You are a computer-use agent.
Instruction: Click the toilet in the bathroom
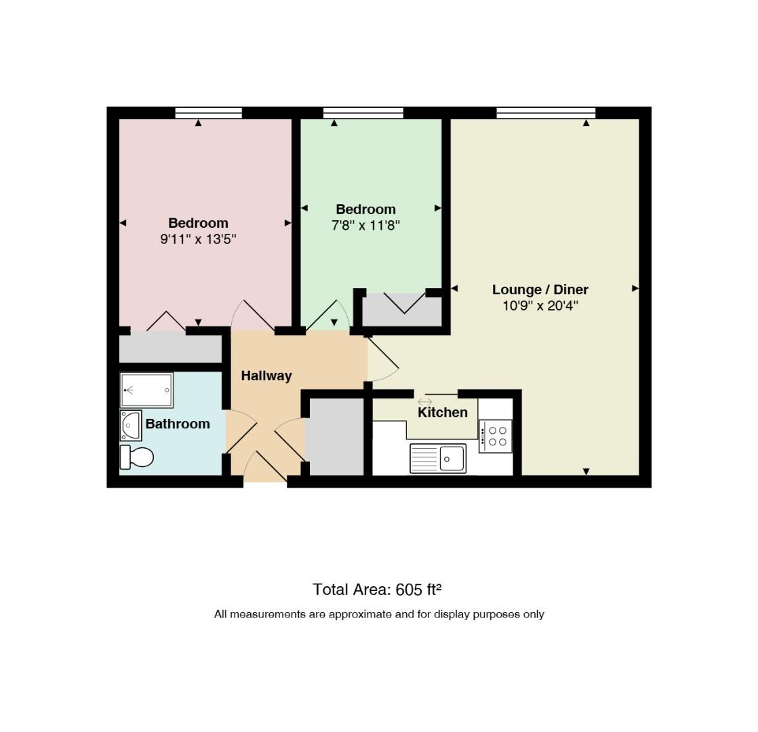coord(136,457)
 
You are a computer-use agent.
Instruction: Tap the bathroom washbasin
coord(131,425)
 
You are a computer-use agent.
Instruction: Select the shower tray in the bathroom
coord(146,390)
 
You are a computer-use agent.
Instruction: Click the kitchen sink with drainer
coord(438,458)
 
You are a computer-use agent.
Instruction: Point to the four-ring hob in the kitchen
coord(496,436)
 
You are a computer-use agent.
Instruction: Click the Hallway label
coord(266,376)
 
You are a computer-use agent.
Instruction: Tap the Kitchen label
coord(442,413)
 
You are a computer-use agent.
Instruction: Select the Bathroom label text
coord(178,424)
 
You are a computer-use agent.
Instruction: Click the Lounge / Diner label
coord(540,289)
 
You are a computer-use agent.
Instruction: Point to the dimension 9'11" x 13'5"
coord(198,239)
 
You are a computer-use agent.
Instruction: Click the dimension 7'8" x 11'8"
coord(365,226)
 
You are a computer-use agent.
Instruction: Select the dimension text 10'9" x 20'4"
coord(540,306)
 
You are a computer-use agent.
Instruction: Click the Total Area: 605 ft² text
coord(377,590)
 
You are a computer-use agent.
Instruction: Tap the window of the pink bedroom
coord(208,113)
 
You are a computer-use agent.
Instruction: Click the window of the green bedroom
coord(363,113)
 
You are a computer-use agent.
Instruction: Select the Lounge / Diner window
coord(546,113)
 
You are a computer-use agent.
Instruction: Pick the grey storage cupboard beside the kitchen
coord(336,436)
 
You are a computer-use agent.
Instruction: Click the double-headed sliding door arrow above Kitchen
coord(425,402)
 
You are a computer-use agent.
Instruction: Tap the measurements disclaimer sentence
coord(379,614)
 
